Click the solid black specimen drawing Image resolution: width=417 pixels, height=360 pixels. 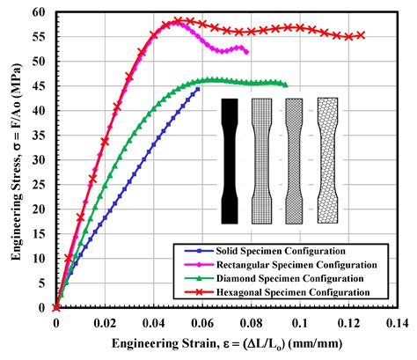tap(230, 160)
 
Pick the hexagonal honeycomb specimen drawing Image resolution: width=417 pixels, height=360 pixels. tap(327, 160)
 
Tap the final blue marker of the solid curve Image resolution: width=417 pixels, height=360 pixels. tap(198, 89)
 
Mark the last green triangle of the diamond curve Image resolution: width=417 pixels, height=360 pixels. tap(285, 84)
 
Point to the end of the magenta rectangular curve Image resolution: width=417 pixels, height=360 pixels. tap(247, 53)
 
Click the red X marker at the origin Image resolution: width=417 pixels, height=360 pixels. tap(56, 307)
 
